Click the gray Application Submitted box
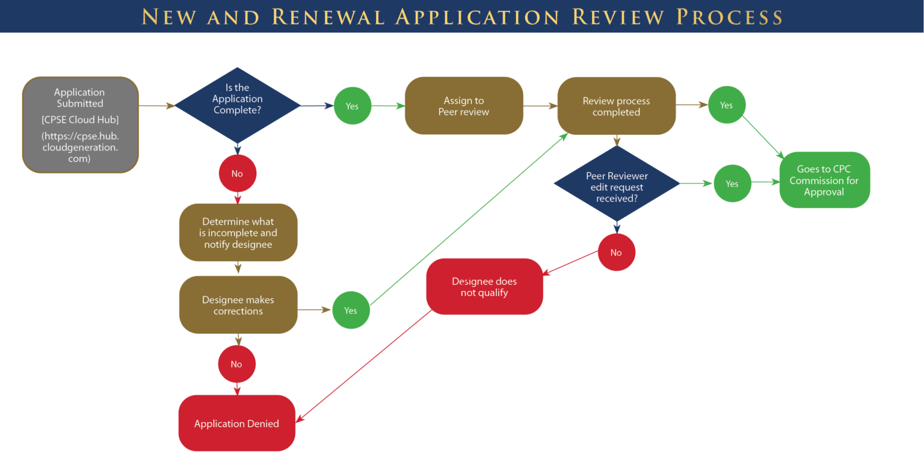click(x=81, y=125)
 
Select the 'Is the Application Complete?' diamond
click(x=238, y=105)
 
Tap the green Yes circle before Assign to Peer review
click(x=352, y=106)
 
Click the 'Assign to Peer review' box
click(x=464, y=106)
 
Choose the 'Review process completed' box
click(x=616, y=106)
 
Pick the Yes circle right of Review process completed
click(x=726, y=105)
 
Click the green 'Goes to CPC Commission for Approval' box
click(x=824, y=180)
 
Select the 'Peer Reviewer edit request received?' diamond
click(x=617, y=183)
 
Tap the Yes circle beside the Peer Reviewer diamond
click(x=732, y=183)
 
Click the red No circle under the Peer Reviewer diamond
click(x=616, y=253)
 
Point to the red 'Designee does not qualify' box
click(x=484, y=287)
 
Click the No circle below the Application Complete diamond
click(x=237, y=174)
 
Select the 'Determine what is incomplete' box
click(x=238, y=233)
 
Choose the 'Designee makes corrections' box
click(x=238, y=305)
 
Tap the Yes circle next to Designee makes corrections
click(x=351, y=310)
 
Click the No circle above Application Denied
click(x=236, y=364)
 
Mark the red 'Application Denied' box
click(x=236, y=423)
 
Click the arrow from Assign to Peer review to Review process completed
click(x=540, y=106)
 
